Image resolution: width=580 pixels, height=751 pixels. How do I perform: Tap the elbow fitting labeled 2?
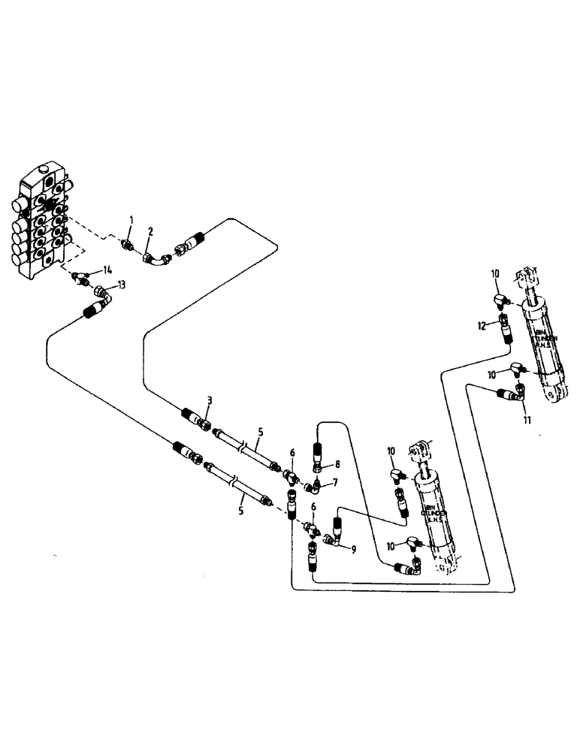(157, 258)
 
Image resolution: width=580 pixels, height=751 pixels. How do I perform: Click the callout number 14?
(108, 270)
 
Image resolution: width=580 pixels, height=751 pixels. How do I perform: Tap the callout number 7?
(335, 481)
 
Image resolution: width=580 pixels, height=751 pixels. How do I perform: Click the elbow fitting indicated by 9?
(335, 538)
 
